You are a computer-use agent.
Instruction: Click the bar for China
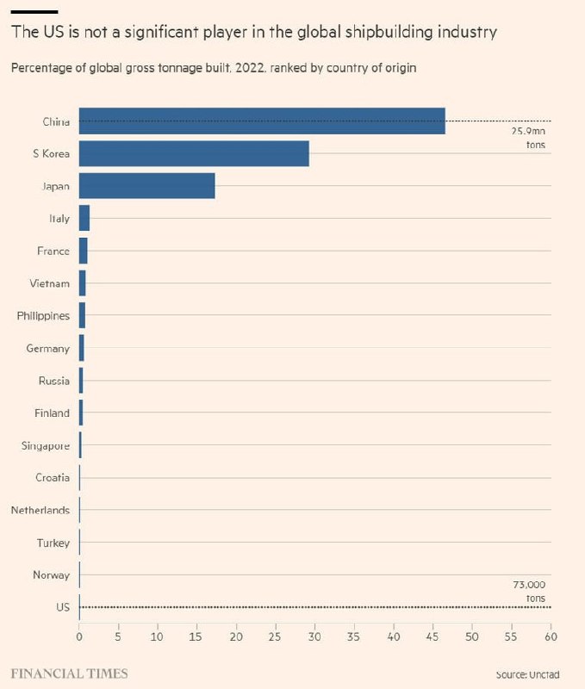[x=262, y=121]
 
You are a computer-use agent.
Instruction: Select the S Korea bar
[x=194, y=153]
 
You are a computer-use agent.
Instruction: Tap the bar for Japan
[x=146, y=186]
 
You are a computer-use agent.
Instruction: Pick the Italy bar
[x=84, y=219]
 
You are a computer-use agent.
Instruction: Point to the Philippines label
[x=43, y=316]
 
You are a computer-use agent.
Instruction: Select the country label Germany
[x=50, y=348]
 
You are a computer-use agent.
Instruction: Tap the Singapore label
[x=46, y=445]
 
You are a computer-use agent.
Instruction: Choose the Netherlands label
[x=40, y=510]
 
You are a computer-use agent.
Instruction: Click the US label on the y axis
[x=62, y=607]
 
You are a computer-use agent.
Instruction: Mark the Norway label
[x=52, y=574]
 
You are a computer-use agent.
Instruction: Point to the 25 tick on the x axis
[x=275, y=637]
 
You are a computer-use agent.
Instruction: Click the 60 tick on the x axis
[x=550, y=637]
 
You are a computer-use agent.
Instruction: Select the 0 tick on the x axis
[x=79, y=637]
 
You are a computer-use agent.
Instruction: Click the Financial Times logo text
[x=69, y=673]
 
